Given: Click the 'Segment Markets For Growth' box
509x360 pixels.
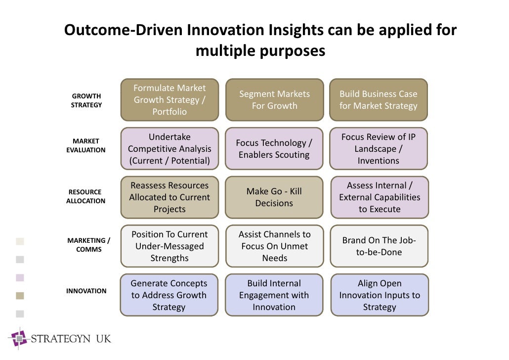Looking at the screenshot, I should coord(274,100).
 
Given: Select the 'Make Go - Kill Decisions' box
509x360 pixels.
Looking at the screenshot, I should coord(274,197).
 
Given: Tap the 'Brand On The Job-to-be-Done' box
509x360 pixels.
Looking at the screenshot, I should coord(379,246).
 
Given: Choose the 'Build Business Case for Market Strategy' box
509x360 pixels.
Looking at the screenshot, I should coord(378,100).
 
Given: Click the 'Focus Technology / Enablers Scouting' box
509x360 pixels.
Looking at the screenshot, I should coord(274,149).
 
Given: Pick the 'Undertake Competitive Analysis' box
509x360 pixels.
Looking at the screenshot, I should coord(170,149).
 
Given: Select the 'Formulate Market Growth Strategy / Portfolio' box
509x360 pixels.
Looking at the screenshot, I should coord(170,100).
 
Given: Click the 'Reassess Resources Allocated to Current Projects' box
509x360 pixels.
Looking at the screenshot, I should coord(170,197).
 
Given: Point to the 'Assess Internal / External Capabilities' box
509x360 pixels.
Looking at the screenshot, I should coord(379,197).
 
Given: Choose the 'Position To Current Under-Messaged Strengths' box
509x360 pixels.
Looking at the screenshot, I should coord(170,246).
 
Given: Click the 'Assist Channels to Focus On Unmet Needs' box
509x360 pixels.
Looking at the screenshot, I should coord(274,246).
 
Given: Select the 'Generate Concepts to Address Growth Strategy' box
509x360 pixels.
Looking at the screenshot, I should coord(170,295).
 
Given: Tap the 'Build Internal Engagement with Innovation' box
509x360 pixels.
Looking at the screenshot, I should coord(274,295).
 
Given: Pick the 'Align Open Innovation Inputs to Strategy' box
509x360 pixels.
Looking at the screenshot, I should coord(379,295).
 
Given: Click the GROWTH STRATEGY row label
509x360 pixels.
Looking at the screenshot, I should coord(86,100).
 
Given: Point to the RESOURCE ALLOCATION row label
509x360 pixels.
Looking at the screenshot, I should coord(85,196).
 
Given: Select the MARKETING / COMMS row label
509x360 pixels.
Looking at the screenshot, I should coord(88,245).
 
